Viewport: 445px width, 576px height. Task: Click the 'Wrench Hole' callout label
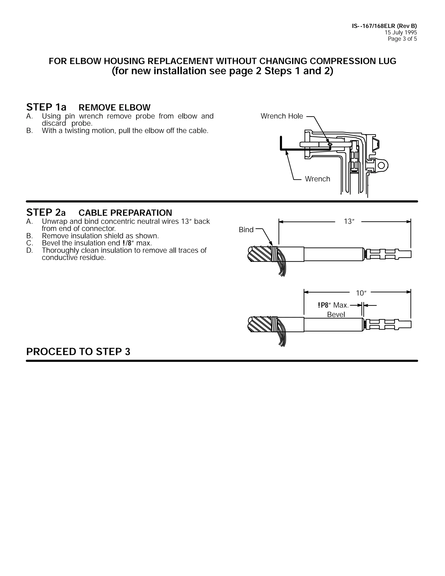click(x=282, y=116)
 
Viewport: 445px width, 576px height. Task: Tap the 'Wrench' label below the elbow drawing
click(x=317, y=179)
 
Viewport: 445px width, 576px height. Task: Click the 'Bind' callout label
click(x=246, y=230)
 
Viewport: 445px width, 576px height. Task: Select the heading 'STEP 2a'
click(x=46, y=212)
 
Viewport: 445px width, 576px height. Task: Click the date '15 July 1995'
click(x=401, y=32)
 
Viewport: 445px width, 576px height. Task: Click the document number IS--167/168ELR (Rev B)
click(x=384, y=26)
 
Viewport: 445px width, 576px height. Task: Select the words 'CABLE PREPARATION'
click(x=125, y=213)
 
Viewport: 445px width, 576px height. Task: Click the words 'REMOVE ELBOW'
click(x=115, y=108)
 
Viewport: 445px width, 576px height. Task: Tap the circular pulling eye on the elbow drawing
click(x=381, y=165)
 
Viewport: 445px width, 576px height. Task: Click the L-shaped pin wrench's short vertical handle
click(x=281, y=142)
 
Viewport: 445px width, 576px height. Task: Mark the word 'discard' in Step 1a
click(x=54, y=123)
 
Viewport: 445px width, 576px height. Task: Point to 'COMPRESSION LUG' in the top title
click(x=353, y=61)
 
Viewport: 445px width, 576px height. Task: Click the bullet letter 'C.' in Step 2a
click(x=30, y=243)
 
